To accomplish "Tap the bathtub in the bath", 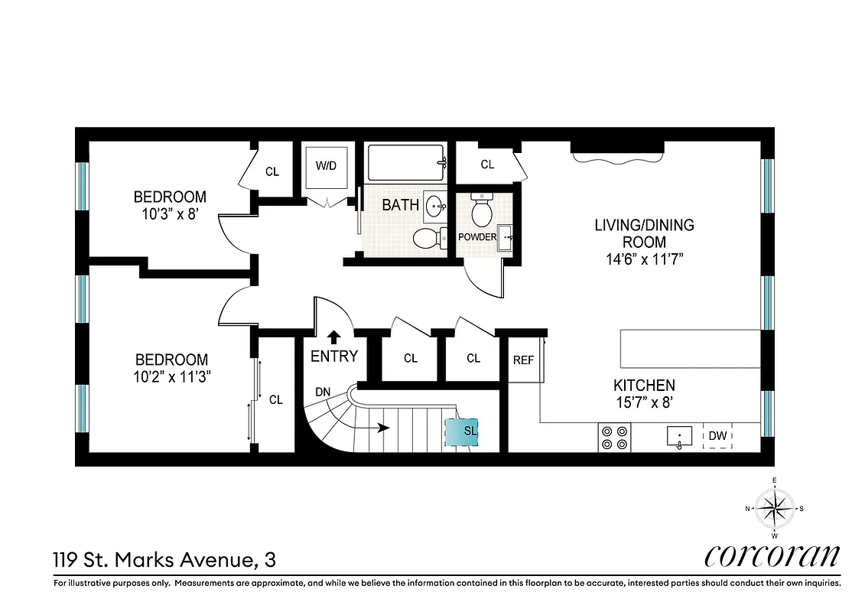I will click(x=405, y=162).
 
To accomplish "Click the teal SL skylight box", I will click(x=463, y=431).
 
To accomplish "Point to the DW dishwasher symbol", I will click(x=717, y=436).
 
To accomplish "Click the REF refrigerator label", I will click(x=523, y=360).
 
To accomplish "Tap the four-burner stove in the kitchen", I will click(x=613, y=436).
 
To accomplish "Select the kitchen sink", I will click(x=678, y=437).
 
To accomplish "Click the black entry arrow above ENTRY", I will click(x=334, y=336).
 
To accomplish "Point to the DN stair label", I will click(x=323, y=392).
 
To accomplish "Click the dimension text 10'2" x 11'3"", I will click(x=171, y=376).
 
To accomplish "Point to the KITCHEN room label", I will click(x=644, y=385).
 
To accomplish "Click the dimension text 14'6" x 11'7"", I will click(x=644, y=259).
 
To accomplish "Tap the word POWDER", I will click(x=477, y=237).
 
